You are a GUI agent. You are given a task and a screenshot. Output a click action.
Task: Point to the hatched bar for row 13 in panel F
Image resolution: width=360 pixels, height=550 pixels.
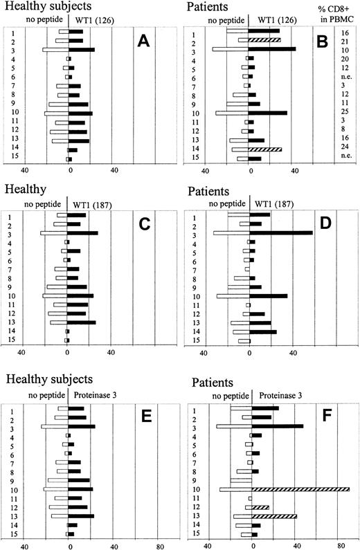point(273,515)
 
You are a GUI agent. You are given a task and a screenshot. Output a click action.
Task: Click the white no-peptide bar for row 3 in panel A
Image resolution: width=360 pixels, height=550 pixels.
point(55,50)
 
